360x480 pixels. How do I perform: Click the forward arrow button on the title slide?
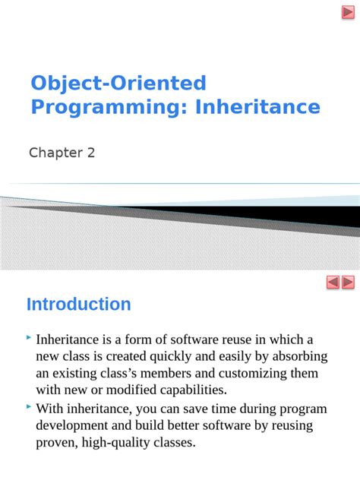349,11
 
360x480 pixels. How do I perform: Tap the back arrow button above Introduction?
333,283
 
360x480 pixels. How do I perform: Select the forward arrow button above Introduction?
349,283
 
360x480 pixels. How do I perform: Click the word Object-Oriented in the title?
118,83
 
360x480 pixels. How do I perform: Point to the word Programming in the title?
109,107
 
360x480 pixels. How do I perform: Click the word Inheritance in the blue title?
257,107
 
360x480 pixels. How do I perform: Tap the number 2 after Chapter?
91,153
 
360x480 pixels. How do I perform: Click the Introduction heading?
79,305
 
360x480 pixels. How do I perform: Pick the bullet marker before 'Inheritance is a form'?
29,336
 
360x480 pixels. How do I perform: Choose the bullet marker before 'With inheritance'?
29,407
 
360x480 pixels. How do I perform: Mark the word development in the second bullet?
72,425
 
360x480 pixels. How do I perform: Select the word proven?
55,442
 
